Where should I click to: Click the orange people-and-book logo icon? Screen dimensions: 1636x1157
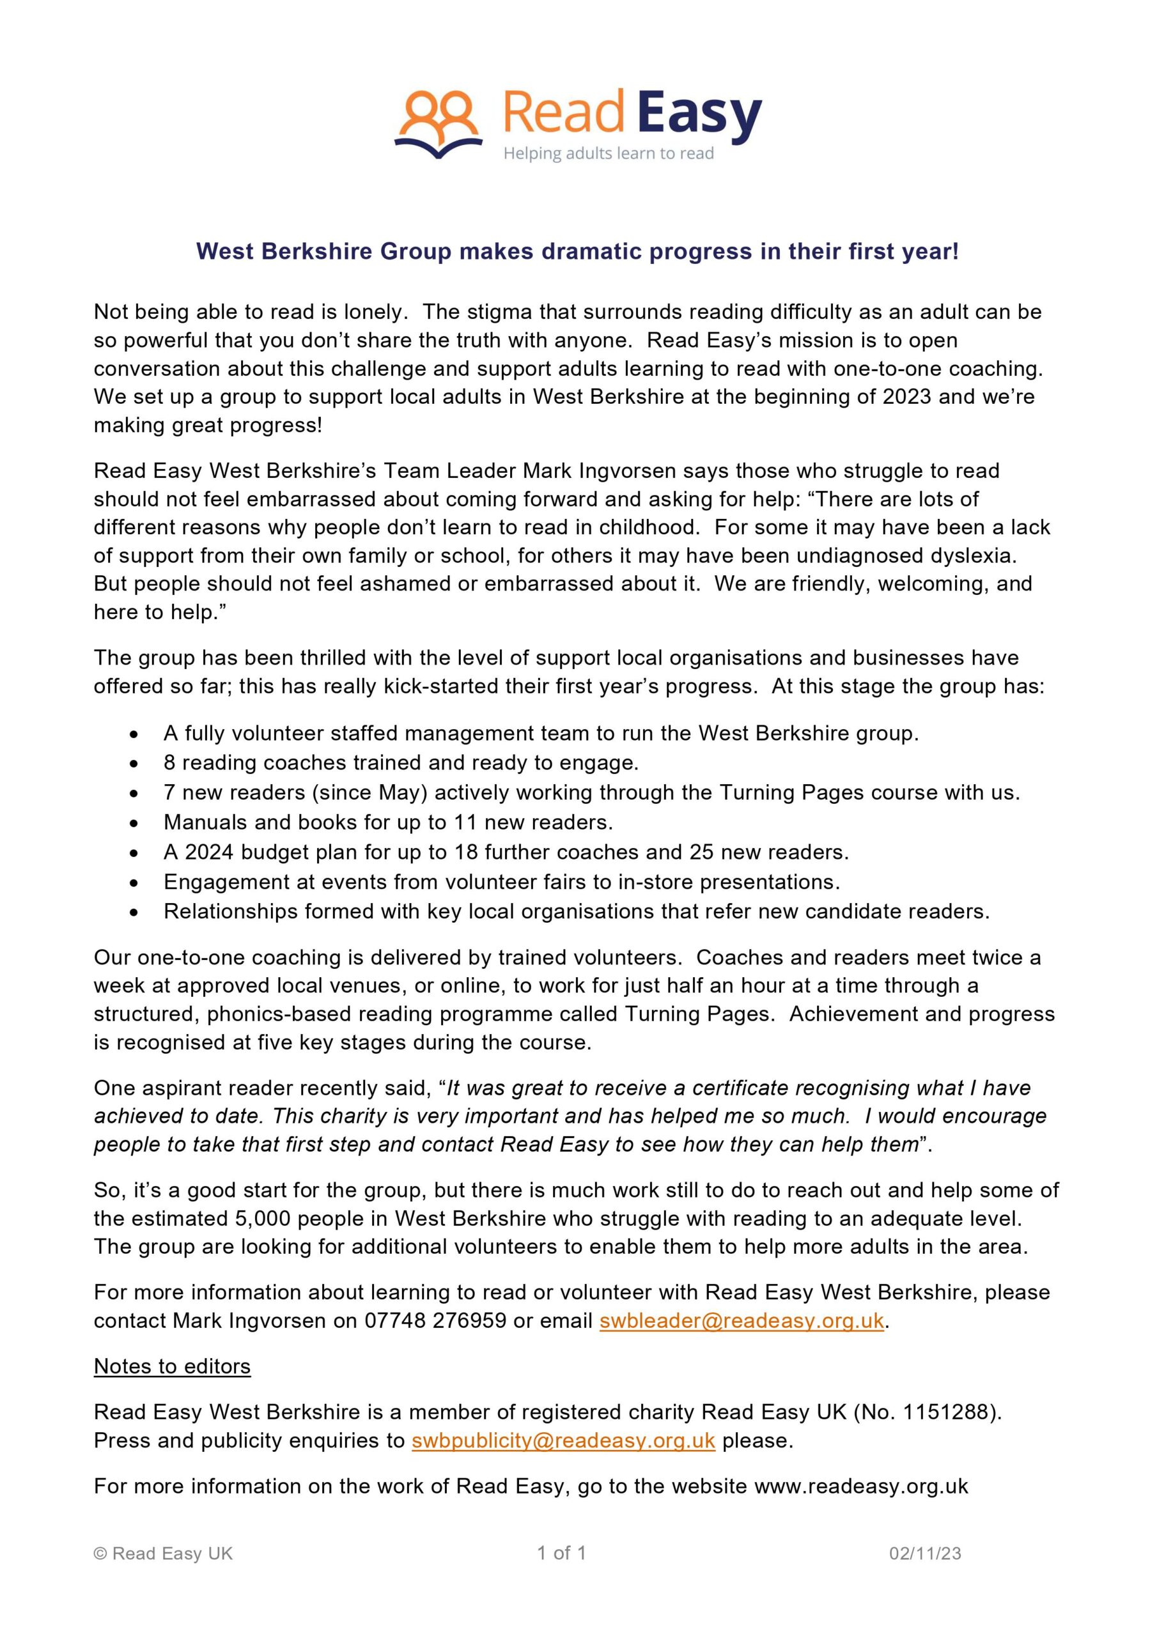tap(437, 124)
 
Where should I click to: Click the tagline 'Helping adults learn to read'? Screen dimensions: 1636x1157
tap(608, 154)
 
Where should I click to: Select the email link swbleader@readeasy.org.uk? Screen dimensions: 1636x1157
tap(742, 1320)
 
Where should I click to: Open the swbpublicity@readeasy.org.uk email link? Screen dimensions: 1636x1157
tap(563, 1440)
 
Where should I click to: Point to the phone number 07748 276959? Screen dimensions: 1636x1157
tap(435, 1320)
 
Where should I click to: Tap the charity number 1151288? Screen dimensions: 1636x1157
tap(944, 1412)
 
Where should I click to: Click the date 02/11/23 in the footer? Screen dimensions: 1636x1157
tap(924, 1554)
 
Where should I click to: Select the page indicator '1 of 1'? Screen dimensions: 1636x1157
tap(561, 1553)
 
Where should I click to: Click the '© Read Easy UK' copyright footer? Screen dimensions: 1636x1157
tap(163, 1554)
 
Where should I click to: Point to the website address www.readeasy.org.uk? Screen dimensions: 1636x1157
tap(861, 1486)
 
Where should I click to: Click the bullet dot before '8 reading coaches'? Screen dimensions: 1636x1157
tap(134, 764)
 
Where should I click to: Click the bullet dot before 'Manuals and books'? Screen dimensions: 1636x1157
tap(134, 823)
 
